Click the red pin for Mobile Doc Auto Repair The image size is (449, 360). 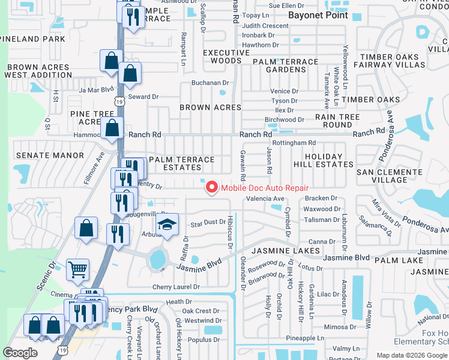(x=211, y=187)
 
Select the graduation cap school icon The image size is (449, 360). (x=167, y=224)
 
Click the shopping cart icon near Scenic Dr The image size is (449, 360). (x=77, y=270)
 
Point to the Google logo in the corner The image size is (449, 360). (x=20, y=353)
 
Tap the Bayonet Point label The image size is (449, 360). (x=318, y=15)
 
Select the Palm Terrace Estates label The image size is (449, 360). (x=181, y=164)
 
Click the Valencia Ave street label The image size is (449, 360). (x=265, y=199)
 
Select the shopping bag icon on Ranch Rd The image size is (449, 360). (x=112, y=127)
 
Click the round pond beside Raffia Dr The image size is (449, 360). (x=157, y=260)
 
